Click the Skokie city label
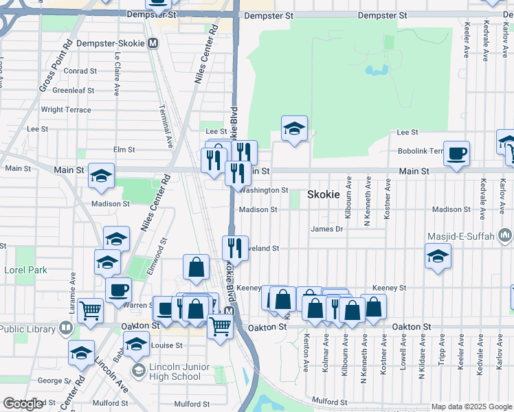click(x=323, y=194)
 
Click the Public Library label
click(x=27, y=329)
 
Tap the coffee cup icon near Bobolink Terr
click(x=456, y=154)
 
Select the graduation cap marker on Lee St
click(x=294, y=128)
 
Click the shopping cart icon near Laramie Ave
click(x=91, y=311)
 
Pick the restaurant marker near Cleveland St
click(x=235, y=249)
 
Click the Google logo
click(x=23, y=404)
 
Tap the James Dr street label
click(x=326, y=229)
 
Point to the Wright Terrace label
click(x=66, y=109)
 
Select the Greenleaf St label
click(x=73, y=90)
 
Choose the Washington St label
click(x=265, y=190)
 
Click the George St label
click(x=50, y=380)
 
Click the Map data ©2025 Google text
click(x=471, y=407)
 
